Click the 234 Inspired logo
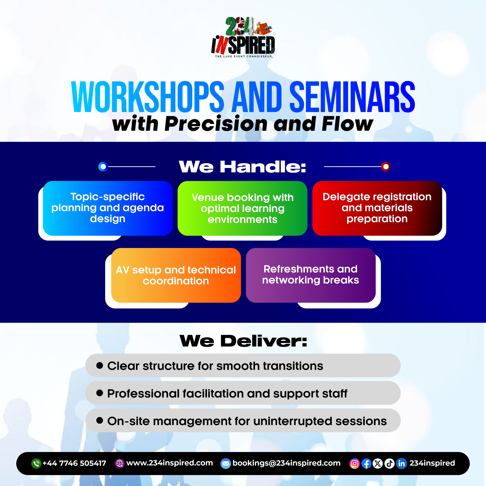point(243,37)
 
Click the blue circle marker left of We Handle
point(103,166)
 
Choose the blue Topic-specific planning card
point(108,208)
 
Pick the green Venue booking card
point(242,208)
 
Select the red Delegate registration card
point(377,208)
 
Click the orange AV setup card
point(176,275)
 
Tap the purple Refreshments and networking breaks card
point(311,275)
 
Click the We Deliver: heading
point(243,341)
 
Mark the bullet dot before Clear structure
point(100,365)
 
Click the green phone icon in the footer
point(36,463)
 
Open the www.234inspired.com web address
point(170,463)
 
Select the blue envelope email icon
point(226,463)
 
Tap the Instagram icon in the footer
point(355,463)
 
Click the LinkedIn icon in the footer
point(402,463)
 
